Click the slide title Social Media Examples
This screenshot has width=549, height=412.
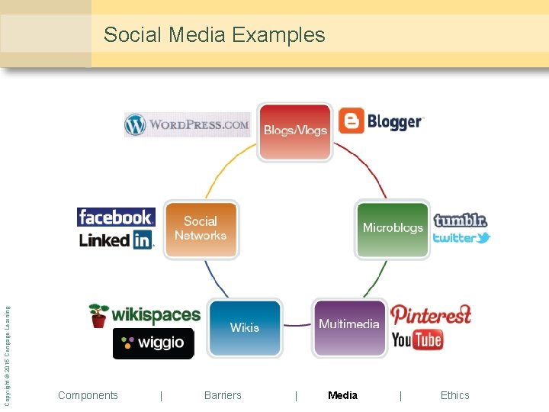214,35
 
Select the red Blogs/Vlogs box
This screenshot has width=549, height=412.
295,131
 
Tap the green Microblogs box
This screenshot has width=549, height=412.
392,229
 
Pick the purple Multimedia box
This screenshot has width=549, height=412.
349,327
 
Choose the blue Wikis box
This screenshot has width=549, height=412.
245,328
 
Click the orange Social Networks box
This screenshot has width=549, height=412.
201,229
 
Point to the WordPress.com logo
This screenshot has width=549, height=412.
188,124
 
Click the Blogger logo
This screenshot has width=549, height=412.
380,121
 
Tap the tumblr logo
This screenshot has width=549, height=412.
460,220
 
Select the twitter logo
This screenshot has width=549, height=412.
461,238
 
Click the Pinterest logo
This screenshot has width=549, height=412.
431,314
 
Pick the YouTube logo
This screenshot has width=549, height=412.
417,340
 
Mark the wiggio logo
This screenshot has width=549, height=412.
152,343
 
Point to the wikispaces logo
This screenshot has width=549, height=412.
145,314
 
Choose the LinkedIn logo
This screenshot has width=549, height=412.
116,240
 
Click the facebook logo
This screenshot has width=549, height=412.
116,217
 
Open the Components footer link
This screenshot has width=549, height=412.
88,395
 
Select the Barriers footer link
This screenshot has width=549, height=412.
223,395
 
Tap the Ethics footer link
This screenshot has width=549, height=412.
454,395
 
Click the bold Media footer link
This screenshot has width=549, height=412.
342,395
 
